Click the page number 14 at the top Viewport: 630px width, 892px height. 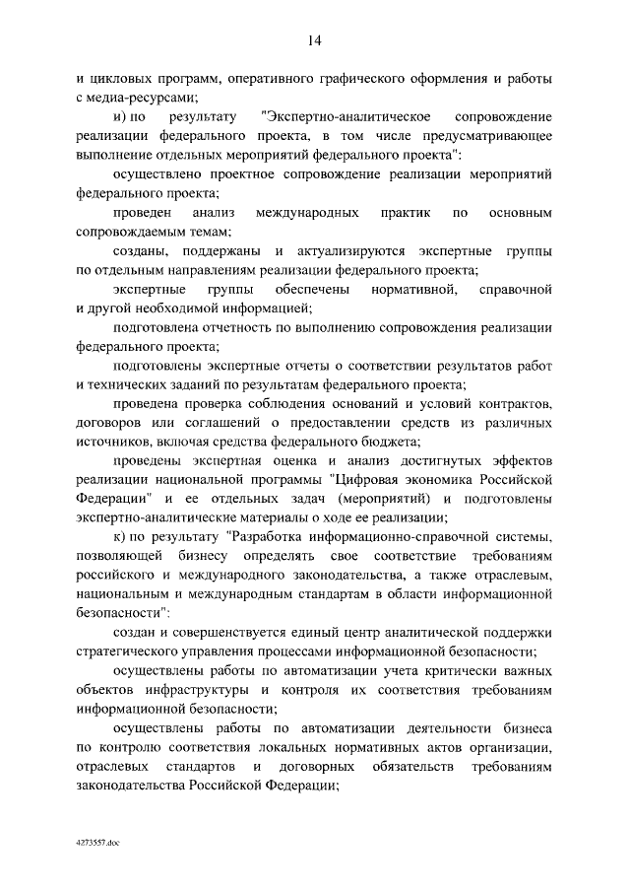click(314, 40)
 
